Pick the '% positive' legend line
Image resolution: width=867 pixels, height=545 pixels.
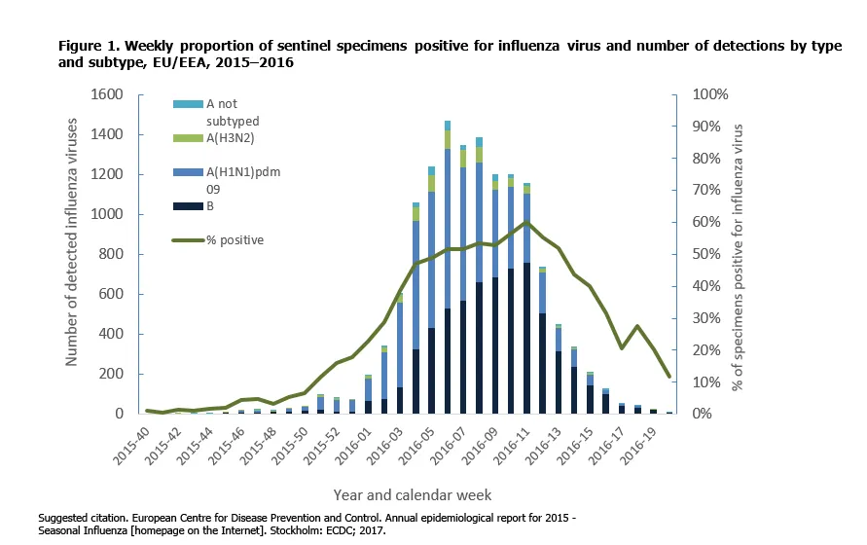[188, 239]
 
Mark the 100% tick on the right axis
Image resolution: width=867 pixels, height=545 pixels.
[708, 94]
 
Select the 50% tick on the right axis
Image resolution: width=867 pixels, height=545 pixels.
[705, 254]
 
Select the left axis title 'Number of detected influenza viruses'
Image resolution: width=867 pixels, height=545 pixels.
[72, 253]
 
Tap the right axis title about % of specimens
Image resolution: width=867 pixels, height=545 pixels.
[739, 257]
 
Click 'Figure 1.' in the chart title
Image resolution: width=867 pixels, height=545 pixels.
[89, 46]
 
